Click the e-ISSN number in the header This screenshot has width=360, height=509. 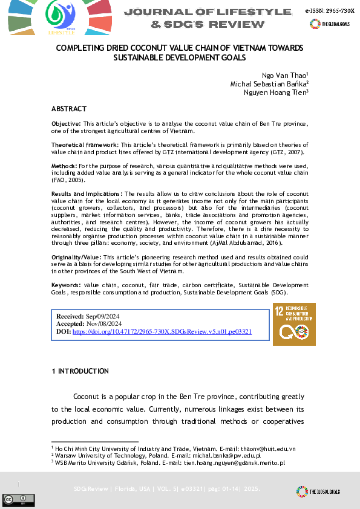point(330,11)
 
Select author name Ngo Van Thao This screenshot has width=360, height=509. point(284,74)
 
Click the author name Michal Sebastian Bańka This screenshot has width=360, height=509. point(269,83)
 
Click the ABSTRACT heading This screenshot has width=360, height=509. point(69,109)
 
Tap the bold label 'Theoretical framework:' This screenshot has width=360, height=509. point(85,145)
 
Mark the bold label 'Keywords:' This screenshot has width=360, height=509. point(66,284)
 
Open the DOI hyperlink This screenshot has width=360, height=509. point(162,332)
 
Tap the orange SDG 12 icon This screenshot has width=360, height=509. point(294,325)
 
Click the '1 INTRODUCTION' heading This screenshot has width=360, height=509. point(80,371)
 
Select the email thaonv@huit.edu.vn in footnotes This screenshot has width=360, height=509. point(270,449)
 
